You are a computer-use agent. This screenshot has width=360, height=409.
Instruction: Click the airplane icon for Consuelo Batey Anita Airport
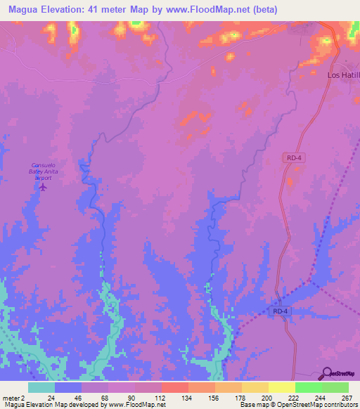43,188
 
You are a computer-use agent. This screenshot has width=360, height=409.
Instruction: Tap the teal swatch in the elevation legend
41,387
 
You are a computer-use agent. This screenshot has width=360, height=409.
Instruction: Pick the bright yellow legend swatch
282,387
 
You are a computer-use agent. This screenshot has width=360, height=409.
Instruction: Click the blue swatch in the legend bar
68,387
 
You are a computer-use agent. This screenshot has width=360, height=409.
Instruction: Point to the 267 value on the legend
345,398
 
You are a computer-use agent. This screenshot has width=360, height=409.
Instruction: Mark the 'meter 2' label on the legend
13,398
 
